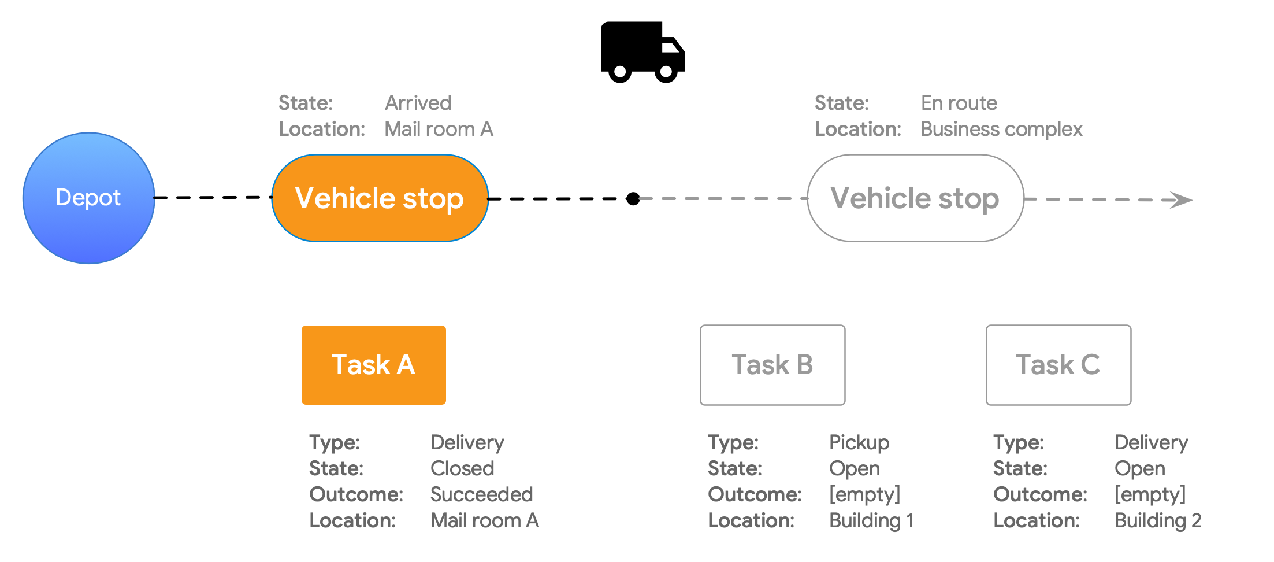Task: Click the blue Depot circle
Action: click(x=88, y=198)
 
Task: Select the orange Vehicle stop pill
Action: click(x=380, y=198)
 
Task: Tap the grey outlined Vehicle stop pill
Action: click(x=915, y=198)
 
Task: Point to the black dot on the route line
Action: click(x=633, y=199)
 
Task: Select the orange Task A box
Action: click(x=373, y=365)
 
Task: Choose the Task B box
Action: click(x=772, y=365)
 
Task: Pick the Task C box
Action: click(x=1058, y=365)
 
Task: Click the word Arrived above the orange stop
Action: click(x=418, y=103)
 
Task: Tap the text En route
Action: click(x=959, y=103)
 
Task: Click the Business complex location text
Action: click(x=1001, y=129)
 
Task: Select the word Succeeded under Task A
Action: click(x=481, y=494)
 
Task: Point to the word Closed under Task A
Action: click(x=462, y=468)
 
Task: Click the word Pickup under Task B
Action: click(x=859, y=442)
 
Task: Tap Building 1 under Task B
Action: click(x=871, y=520)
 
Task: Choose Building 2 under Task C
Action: click(x=1157, y=520)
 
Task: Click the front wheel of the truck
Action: click(x=666, y=72)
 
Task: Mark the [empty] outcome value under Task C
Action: click(x=1150, y=494)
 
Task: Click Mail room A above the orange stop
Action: click(x=439, y=129)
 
